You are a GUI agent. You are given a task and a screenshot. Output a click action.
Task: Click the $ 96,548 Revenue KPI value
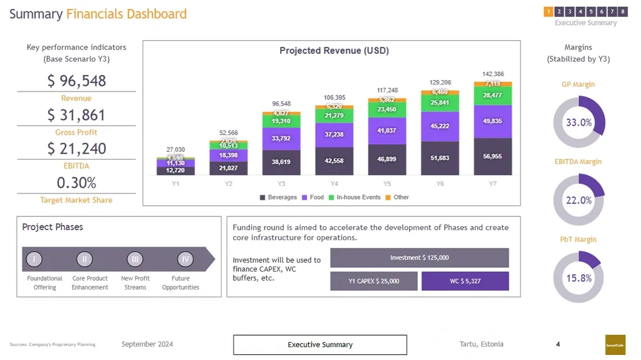click(76, 81)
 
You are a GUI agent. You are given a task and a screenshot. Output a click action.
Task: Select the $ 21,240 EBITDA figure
click(76, 149)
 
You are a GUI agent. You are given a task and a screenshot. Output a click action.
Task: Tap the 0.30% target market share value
click(76, 183)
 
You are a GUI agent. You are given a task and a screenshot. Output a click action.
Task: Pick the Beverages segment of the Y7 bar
click(492, 156)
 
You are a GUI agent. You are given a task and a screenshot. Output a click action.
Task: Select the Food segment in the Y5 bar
click(387, 131)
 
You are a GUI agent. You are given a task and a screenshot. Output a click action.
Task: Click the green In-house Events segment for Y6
click(440, 103)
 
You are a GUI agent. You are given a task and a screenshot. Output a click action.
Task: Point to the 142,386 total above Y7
click(492, 74)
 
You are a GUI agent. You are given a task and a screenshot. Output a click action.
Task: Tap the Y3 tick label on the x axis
click(281, 184)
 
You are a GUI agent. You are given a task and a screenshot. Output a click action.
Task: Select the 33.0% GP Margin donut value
click(578, 122)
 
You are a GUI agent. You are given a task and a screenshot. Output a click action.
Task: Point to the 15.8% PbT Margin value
click(578, 278)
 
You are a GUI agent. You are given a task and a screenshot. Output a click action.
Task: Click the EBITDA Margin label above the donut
click(578, 161)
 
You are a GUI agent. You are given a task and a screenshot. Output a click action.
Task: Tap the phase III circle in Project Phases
click(135, 259)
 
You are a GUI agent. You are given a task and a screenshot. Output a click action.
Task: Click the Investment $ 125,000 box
click(419, 258)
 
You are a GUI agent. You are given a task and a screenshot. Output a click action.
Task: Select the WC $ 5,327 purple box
click(465, 281)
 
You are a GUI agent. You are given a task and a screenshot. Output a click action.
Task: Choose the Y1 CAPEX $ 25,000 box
click(374, 281)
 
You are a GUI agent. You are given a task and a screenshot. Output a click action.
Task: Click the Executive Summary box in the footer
click(320, 345)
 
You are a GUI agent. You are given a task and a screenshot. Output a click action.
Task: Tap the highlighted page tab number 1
click(549, 11)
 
